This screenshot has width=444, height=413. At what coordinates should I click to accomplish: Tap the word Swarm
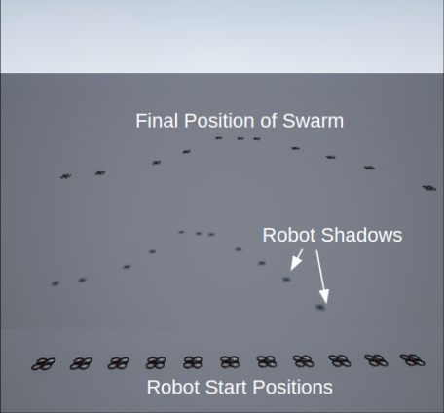coord(313,121)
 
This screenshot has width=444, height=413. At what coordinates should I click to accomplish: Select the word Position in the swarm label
coord(219,121)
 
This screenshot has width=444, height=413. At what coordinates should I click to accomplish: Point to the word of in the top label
coord(269,121)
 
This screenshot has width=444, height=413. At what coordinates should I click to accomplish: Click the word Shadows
coord(361,235)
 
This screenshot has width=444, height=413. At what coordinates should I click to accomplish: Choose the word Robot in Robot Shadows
coord(289,235)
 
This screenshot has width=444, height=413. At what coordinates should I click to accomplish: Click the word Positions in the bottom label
coord(292,387)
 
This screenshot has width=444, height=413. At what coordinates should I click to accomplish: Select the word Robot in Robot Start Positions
coord(173,387)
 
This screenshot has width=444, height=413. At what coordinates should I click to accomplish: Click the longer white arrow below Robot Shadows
coord(322,277)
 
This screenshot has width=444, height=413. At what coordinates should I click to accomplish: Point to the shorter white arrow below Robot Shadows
coord(296,260)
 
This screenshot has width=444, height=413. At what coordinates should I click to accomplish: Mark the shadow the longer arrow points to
coord(320,307)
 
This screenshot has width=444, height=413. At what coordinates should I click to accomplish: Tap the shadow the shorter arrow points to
coord(286,280)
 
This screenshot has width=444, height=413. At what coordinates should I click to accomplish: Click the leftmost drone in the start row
coord(44,364)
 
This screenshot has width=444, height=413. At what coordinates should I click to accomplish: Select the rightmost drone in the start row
coord(412,360)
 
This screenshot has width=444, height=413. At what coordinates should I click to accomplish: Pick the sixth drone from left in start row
coord(230,361)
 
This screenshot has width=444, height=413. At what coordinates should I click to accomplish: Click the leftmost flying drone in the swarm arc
coord(66,176)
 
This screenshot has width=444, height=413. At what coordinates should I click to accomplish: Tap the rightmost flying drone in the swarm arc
coord(429,188)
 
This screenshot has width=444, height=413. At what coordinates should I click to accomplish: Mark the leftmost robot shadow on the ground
coord(55,283)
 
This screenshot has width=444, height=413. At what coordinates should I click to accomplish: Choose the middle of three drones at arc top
coord(240,138)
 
